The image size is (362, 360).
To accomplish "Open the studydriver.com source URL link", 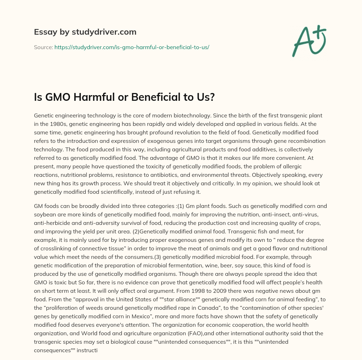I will pos(132,47).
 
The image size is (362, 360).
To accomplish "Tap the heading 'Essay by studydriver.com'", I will pos(85,32).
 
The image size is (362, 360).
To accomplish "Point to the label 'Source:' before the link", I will pos(43,47).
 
